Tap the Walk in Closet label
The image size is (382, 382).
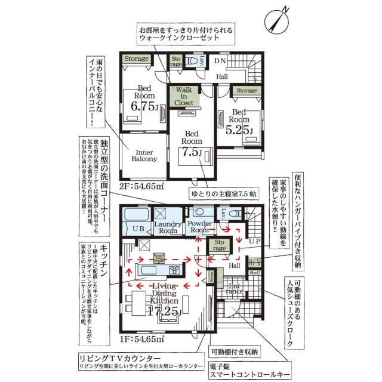(184, 96)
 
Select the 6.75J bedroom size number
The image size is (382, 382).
(143, 107)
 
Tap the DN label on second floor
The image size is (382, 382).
(220, 61)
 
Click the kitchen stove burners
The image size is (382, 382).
(175, 270)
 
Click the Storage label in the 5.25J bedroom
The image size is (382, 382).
(246, 90)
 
